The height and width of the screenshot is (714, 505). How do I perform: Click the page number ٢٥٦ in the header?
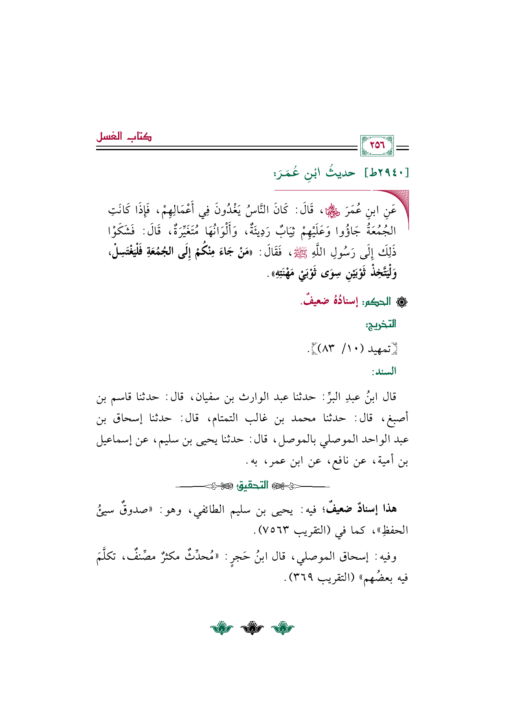(377, 145)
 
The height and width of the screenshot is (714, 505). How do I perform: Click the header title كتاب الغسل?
(124, 137)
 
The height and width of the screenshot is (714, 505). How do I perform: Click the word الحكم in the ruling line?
(377, 302)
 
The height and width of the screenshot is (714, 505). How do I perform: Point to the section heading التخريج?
(381, 325)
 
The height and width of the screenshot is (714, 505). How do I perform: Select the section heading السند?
(384, 372)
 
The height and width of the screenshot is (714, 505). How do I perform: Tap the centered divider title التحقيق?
(253, 485)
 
